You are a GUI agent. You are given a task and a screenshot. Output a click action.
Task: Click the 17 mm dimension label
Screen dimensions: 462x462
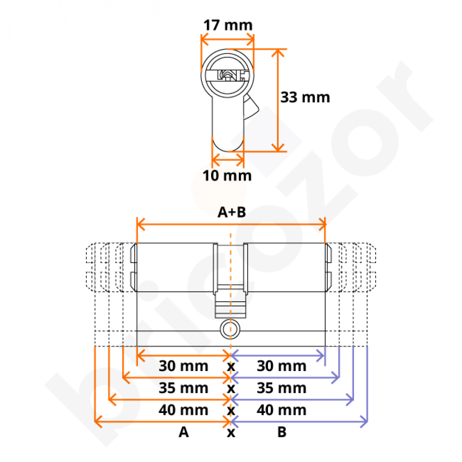pos(228,25)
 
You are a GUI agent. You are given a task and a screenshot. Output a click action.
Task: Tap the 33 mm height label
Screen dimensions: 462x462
pos(305,97)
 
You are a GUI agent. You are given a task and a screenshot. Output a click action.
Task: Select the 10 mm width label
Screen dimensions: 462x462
pos(227,176)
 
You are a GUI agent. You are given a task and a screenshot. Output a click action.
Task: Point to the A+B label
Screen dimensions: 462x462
pos(231,212)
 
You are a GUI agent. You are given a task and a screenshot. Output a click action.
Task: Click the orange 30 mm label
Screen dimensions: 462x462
pos(183,366)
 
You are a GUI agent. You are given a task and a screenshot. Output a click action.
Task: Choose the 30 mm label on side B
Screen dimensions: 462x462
pos(282,366)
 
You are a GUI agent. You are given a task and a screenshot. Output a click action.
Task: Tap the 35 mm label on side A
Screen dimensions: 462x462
pos(183,389)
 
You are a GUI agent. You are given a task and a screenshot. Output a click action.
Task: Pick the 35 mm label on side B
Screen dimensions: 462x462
pos(282,389)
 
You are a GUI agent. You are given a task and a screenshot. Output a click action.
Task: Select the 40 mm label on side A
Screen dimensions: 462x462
pos(183,410)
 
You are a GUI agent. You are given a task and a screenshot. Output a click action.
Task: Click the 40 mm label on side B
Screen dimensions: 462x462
pos(282,410)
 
